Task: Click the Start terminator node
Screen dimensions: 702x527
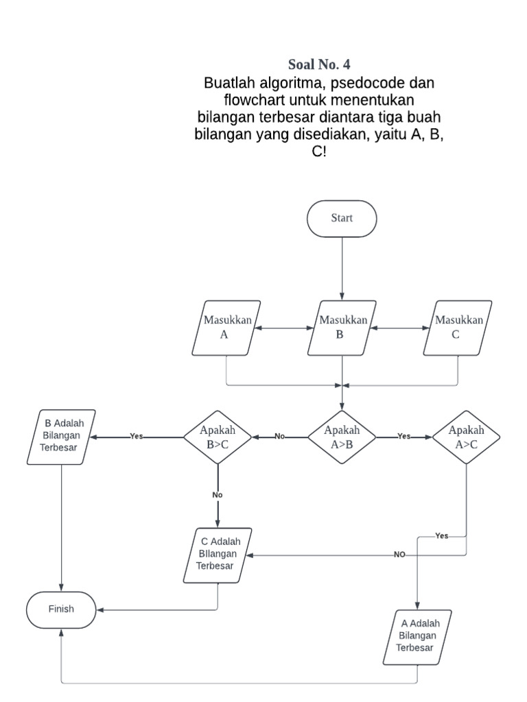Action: pyautogui.click(x=342, y=219)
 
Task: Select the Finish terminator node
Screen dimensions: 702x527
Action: pyautogui.click(x=61, y=609)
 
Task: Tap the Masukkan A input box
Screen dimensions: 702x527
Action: pyautogui.click(x=226, y=328)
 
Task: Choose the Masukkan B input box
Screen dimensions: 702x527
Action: pyautogui.click(x=342, y=328)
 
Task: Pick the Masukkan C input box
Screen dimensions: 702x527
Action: pyautogui.click(x=458, y=328)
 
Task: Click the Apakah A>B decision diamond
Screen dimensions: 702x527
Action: pyautogui.click(x=342, y=437)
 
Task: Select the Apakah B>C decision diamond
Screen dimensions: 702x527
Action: pyautogui.click(x=218, y=437)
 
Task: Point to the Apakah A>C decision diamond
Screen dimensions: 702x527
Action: pyautogui.click(x=466, y=437)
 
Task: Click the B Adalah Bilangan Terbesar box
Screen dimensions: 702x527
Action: pyautogui.click(x=62, y=437)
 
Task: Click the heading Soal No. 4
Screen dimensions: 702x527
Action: pyautogui.click(x=319, y=65)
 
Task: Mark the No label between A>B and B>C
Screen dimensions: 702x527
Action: pyautogui.click(x=279, y=437)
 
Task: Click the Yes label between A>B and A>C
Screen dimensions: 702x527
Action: pyautogui.click(x=404, y=437)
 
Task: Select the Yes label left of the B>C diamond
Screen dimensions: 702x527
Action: pyautogui.click(x=137, y=437)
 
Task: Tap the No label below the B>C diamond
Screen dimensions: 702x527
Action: pyautogui.click(x=218, y=494)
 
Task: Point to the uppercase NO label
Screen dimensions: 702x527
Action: pyautogui.click(x=399, y=555)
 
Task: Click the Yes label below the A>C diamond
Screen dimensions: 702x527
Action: pyautogui.click(x=442, y=536)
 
